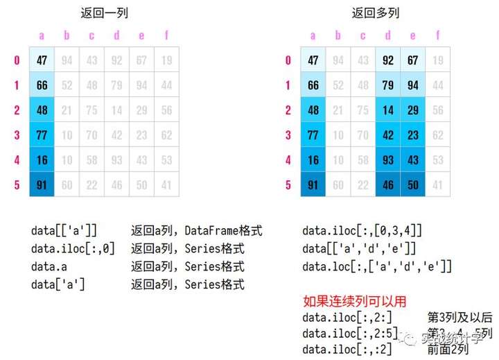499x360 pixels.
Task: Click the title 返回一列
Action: tap(105, 12)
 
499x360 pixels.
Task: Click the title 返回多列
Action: tap(375, 12)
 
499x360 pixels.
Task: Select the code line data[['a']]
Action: tap(64, 230)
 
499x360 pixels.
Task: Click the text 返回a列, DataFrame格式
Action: tap(197, 230)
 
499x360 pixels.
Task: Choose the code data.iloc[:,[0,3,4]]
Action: tap(362, 230)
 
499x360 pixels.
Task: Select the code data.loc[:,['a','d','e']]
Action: tap(377, 266)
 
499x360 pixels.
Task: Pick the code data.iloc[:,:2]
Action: tap(347, 350)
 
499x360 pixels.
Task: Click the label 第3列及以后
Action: tap(460, 318)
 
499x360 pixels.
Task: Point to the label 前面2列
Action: tap(448, 350)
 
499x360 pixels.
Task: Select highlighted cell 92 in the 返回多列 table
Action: tap(387, 60)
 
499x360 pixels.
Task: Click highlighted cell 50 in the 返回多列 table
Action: tap(412, 185)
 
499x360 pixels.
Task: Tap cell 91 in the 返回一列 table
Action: tap(42, 185)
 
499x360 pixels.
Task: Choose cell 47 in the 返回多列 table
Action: tap(313, 60)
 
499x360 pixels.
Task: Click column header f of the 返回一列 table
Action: tap(166, 35)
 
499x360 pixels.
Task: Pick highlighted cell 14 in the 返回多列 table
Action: tap(387, 110)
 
